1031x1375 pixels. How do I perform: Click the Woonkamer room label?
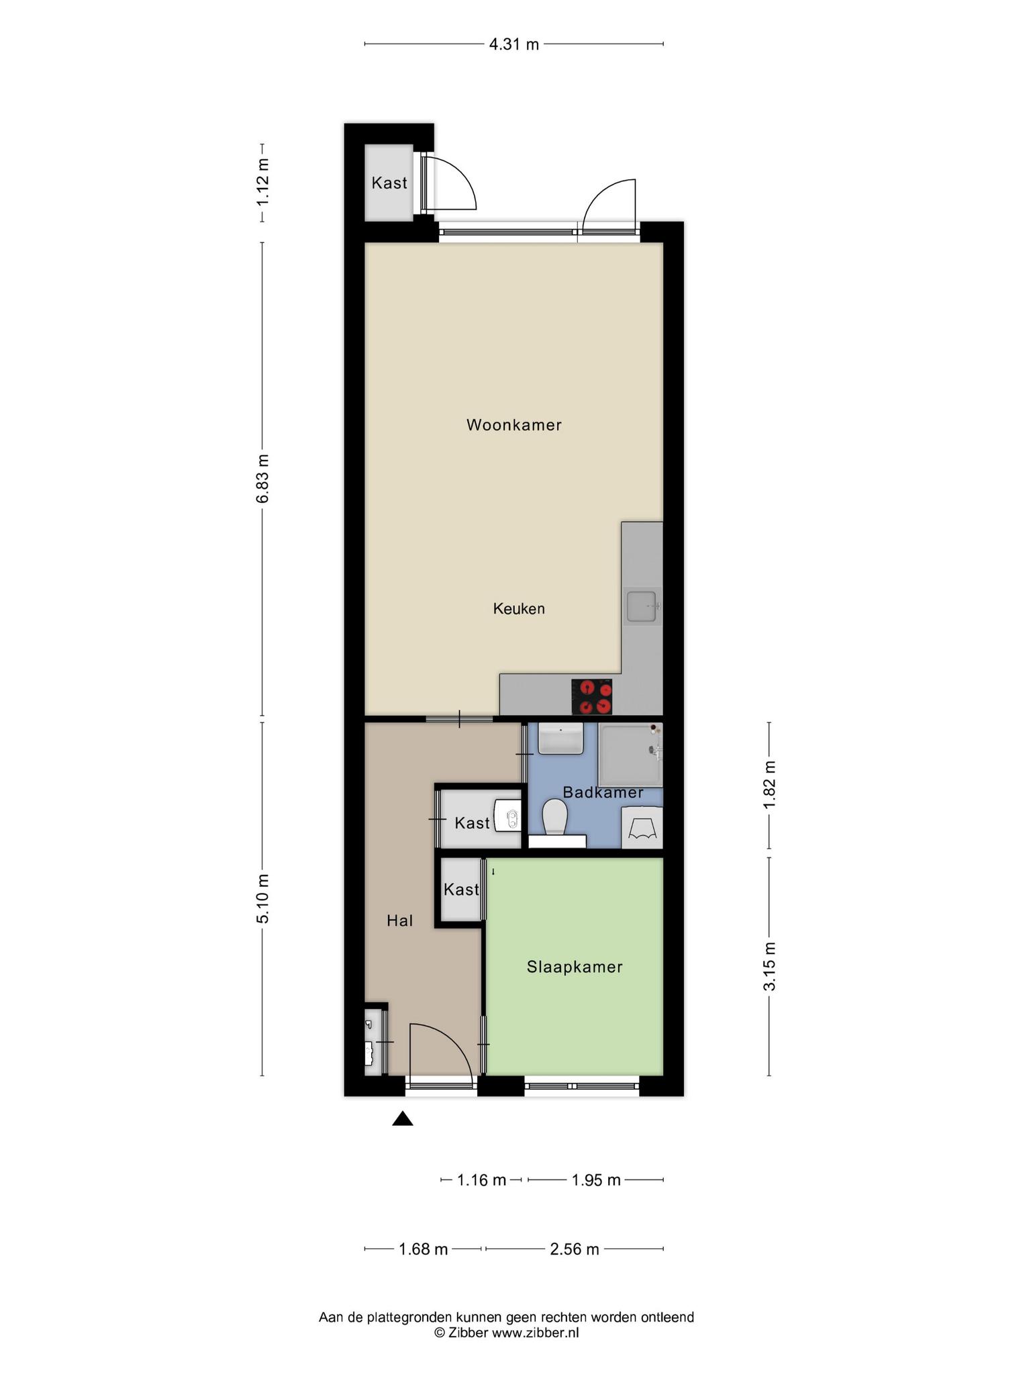click(514, 425)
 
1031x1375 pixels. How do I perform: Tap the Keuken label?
click(519, 609)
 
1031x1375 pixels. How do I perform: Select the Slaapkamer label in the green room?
click(575, 967)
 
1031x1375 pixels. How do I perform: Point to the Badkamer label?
click(603, 792)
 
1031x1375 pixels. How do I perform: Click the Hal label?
click(399, 920)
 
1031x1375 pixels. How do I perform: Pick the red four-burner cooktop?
click(592, 697)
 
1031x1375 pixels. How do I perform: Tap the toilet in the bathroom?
click(555, 817)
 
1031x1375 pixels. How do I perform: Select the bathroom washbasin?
click(560, 739)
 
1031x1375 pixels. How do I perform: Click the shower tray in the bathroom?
click(630, 755)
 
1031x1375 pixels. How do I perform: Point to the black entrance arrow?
click(403, 1118)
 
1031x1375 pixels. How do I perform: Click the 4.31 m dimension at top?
click(514, 45)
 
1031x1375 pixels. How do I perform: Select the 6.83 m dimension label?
click(263, 478)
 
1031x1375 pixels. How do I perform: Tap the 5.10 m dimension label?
click(263, 899)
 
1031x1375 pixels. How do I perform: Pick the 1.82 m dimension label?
click(770, 786)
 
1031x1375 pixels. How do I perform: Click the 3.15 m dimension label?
click(770, 966)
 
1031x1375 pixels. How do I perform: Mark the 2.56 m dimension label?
click(575, 1249)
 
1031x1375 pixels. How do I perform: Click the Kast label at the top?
click(389, 183)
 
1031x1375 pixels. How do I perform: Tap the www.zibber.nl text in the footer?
click(535, 1333)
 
